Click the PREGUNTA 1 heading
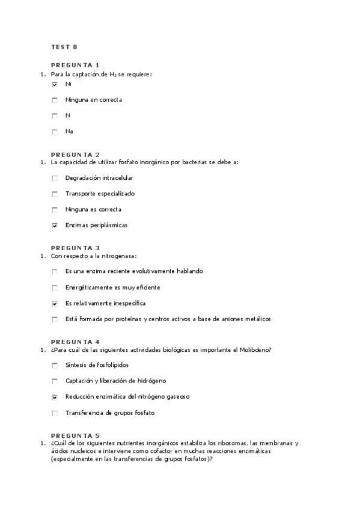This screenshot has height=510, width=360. [x=75, y=64]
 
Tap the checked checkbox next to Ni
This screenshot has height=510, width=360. [x=55, y=85]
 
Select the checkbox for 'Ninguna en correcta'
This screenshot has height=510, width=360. [x=55, y=100]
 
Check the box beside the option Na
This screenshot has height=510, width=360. [x=55, y=132]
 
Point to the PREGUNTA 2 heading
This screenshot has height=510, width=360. [x=75, y=155]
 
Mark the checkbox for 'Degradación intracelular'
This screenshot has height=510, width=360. [x=55, y=179]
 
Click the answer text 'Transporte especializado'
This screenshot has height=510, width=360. [x=100, y=194]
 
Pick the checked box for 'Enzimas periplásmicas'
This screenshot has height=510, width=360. [x=55, y=226]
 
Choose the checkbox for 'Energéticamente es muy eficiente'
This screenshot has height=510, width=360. [x=55, y=288]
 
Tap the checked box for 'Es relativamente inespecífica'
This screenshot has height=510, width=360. [x=55, y=304]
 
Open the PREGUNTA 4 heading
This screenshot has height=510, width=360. [x=75, y=342]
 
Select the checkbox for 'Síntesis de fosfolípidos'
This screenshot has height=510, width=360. [x=55, y=366]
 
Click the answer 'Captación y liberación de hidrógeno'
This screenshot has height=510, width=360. [x=115, y=381]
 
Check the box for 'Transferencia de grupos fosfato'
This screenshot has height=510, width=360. [x=55, y=413]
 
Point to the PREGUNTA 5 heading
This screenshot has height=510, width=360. [x=75, y=435]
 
